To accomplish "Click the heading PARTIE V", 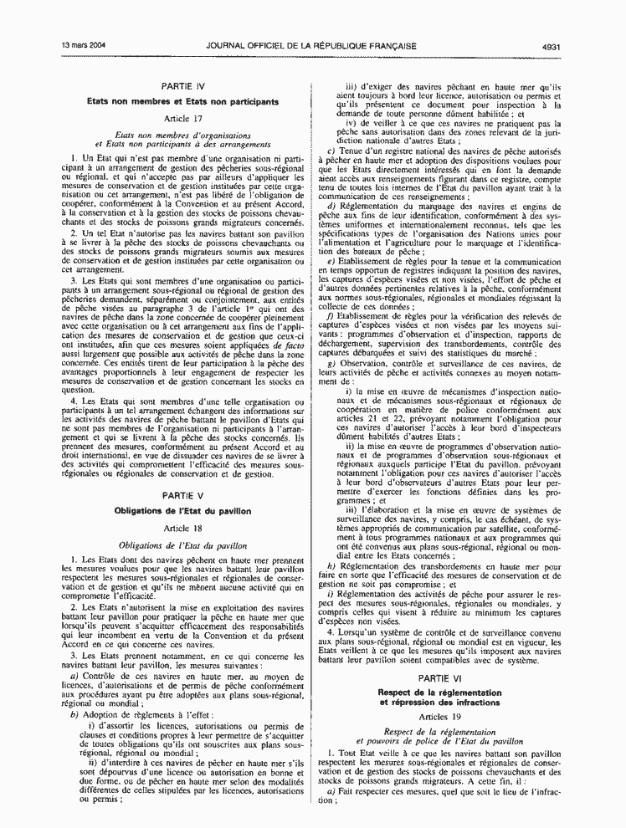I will coord(183,496).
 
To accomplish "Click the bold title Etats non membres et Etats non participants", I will coord(183,101).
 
